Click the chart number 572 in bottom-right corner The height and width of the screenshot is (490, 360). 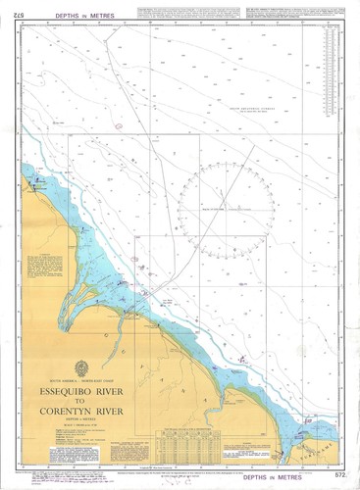click(339, 474)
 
